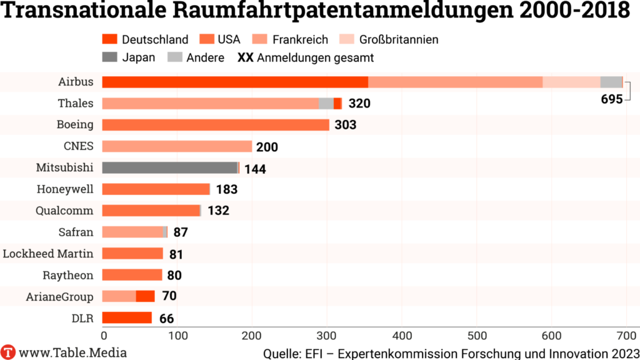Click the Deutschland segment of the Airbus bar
235,82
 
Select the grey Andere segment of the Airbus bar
611,82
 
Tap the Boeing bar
216,124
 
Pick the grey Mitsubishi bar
169,167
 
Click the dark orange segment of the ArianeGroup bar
145,296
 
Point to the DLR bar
127,317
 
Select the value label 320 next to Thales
359,103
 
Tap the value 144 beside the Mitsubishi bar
255,169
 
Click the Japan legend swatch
109,57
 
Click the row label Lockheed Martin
48,253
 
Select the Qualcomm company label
65,211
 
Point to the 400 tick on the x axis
327,335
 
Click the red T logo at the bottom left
8,352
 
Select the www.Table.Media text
72,352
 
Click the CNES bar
177,146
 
